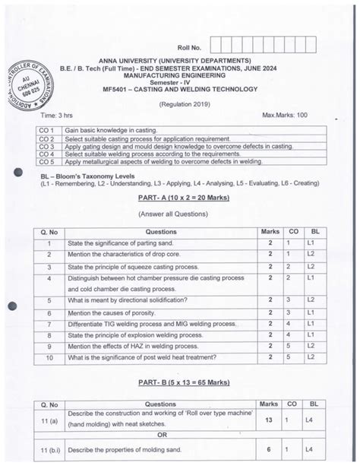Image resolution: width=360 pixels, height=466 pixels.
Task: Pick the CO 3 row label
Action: (47, 146)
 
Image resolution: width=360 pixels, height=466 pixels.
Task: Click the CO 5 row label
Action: (47, 161)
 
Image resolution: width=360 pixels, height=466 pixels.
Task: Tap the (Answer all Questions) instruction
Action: (179, 214)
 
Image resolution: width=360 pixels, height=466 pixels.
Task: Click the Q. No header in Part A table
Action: (48, 232)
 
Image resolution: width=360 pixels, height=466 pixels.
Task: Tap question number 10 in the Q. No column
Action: (48, 357)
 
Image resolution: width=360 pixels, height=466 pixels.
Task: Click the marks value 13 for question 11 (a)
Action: (269, 419)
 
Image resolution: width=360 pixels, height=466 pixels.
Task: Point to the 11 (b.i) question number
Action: (48, 450)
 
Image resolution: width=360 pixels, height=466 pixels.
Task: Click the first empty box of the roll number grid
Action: (216, 45)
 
